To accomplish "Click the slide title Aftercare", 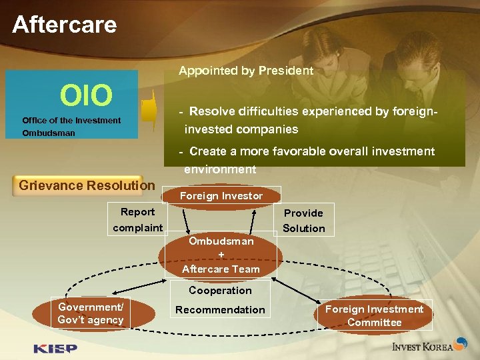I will point(65,25).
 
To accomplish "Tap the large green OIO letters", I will point(86,95).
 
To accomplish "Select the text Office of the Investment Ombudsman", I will point(71,127).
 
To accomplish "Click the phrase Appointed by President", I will point(245,71).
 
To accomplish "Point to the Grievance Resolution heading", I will point(87,185).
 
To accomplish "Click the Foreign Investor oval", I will point(221,196).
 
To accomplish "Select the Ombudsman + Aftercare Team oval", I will point(221,255).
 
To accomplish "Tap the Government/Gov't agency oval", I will point(91,313).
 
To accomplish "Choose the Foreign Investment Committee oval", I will point(374,315).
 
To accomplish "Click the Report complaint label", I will point(137,220).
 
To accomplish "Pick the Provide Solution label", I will point(303,221).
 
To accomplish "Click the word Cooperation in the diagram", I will point(220,291).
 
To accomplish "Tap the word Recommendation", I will point(220,309).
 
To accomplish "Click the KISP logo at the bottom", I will point(55,348).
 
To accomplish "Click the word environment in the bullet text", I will point(220,169).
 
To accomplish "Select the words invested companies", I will point(241,129).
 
